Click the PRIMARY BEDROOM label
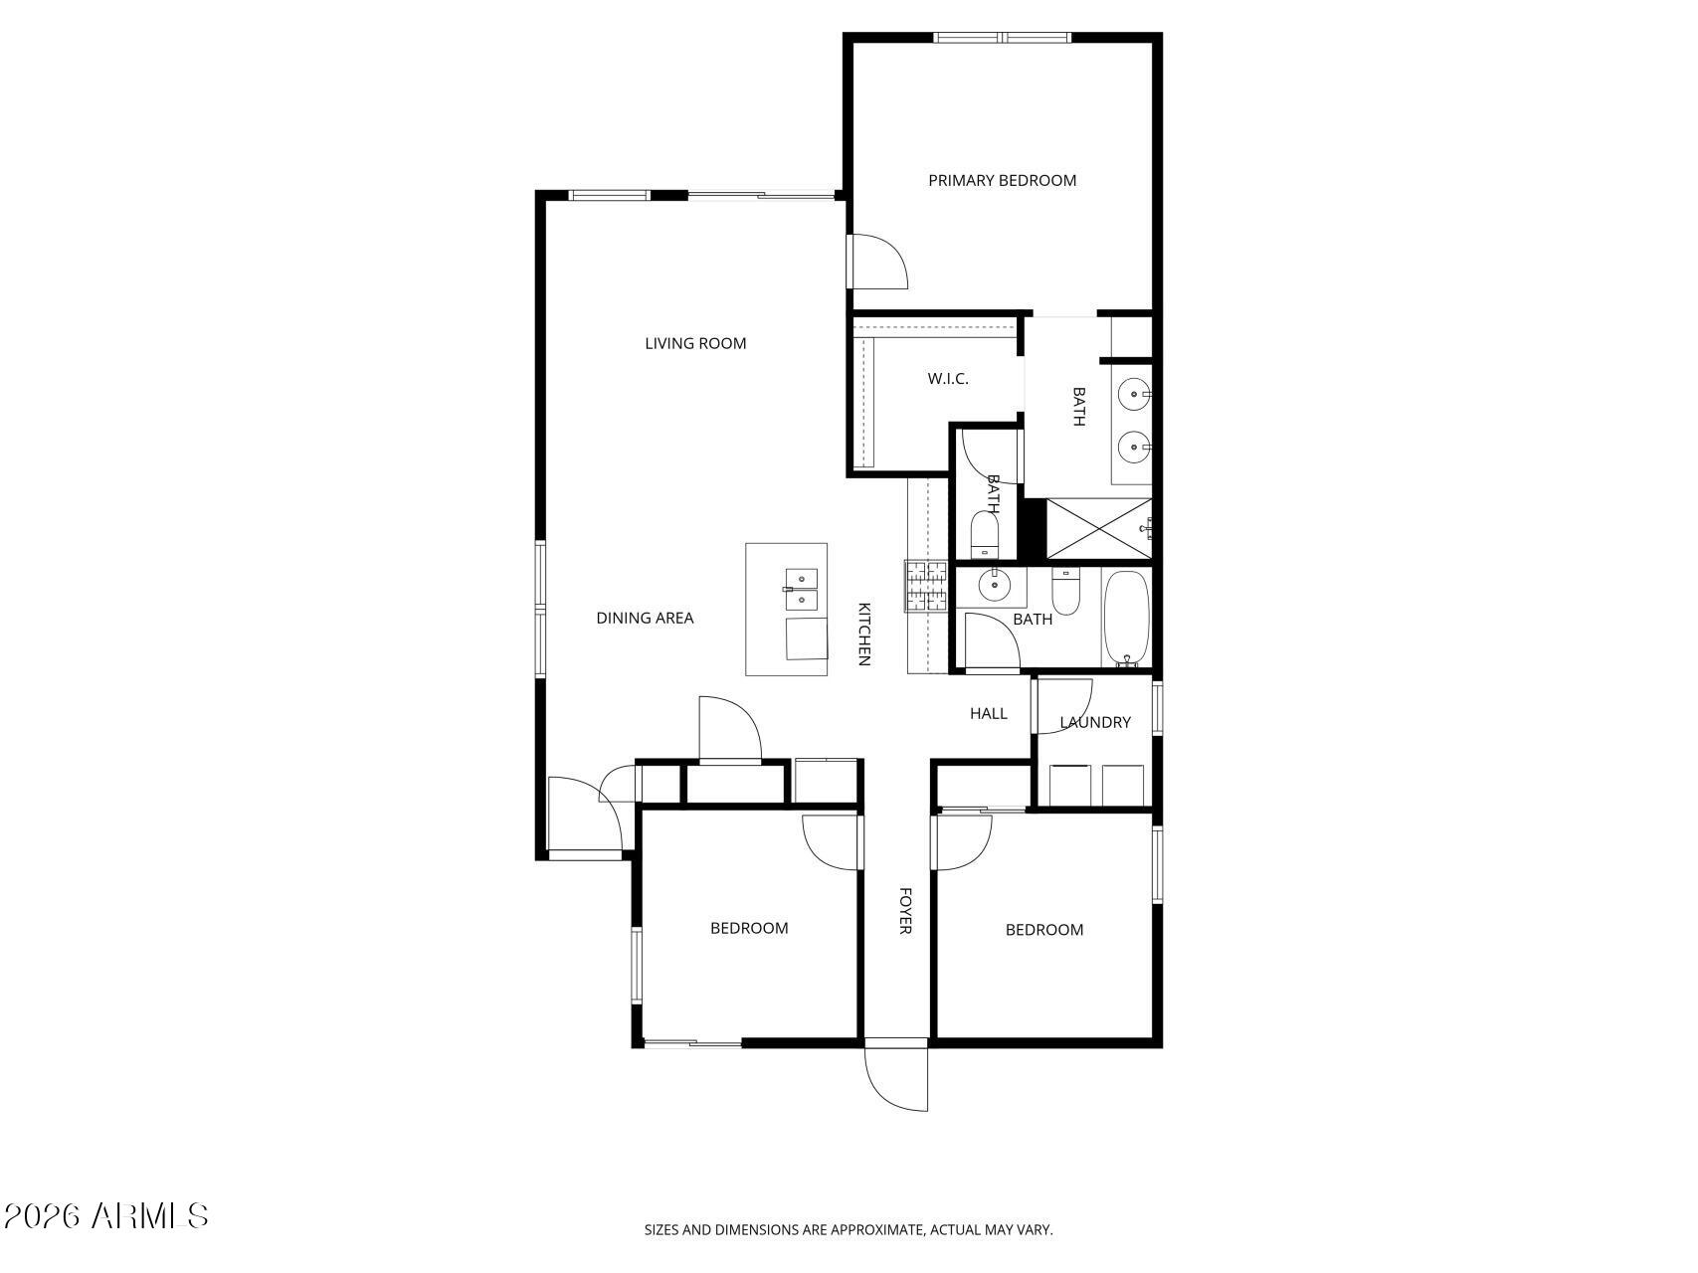1002,180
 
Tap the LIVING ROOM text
695,343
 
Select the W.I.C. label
947,379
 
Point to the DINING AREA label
645,618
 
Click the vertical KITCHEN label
864,634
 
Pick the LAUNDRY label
1095,722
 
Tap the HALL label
988,713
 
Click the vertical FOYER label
905,910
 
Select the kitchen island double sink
801,589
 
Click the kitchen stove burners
928,586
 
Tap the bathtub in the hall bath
1126,618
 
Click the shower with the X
1097,529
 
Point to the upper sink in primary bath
1134,395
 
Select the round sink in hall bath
994,586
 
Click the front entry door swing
895,1079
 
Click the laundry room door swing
1062,706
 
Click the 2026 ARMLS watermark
105,1215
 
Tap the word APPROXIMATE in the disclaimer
876,1230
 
